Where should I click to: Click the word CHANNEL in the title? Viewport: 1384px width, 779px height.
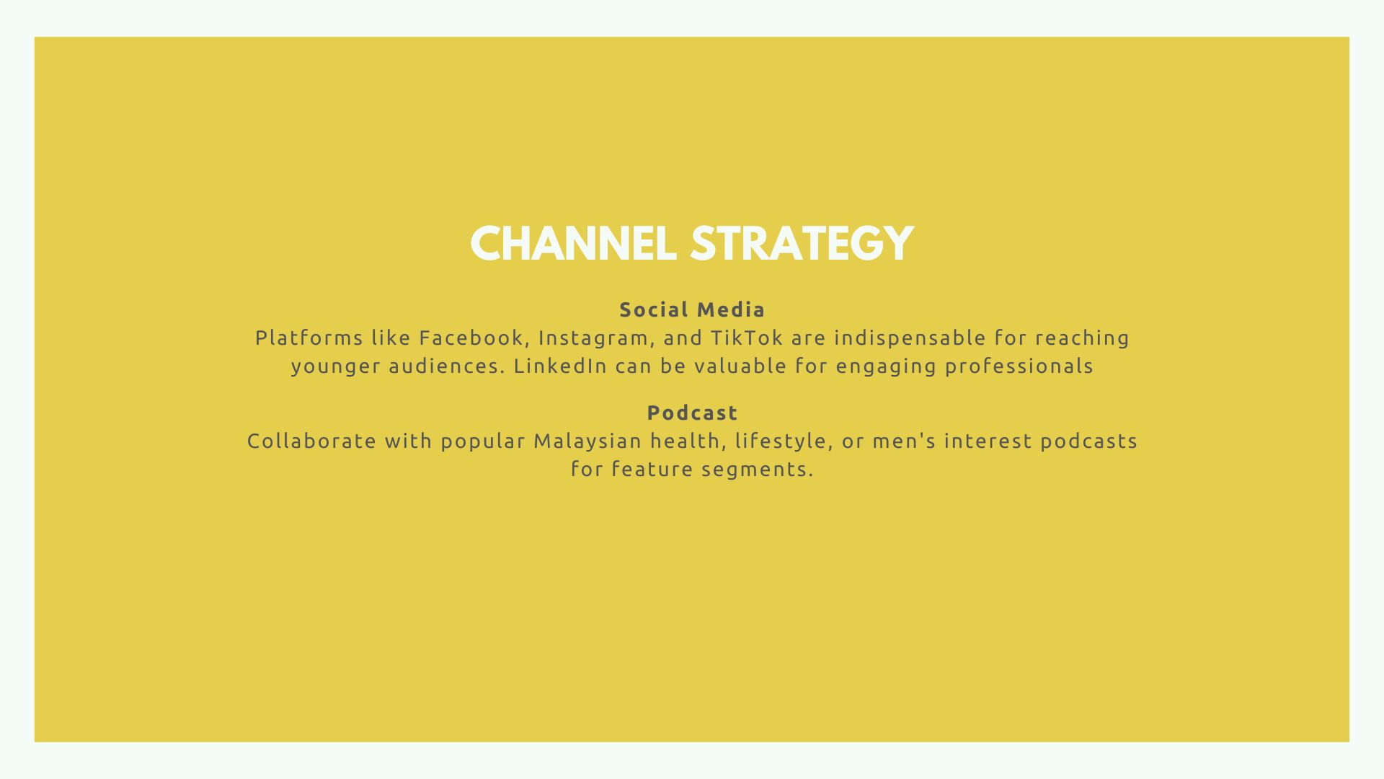click(x=573, y=244)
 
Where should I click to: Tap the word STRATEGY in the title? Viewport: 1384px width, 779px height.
click(x=802, y=244)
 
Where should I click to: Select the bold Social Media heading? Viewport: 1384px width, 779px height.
click(x=692, y=310)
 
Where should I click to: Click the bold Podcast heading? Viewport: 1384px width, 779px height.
click(x=692, y=413)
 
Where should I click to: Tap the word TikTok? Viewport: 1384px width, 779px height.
click(x=747, y=338)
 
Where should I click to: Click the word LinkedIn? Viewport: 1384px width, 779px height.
click(x=560, y=366)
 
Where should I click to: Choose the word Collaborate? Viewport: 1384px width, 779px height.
click(x=311, y=441)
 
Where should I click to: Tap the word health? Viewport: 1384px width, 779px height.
click(x=688, y=441)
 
